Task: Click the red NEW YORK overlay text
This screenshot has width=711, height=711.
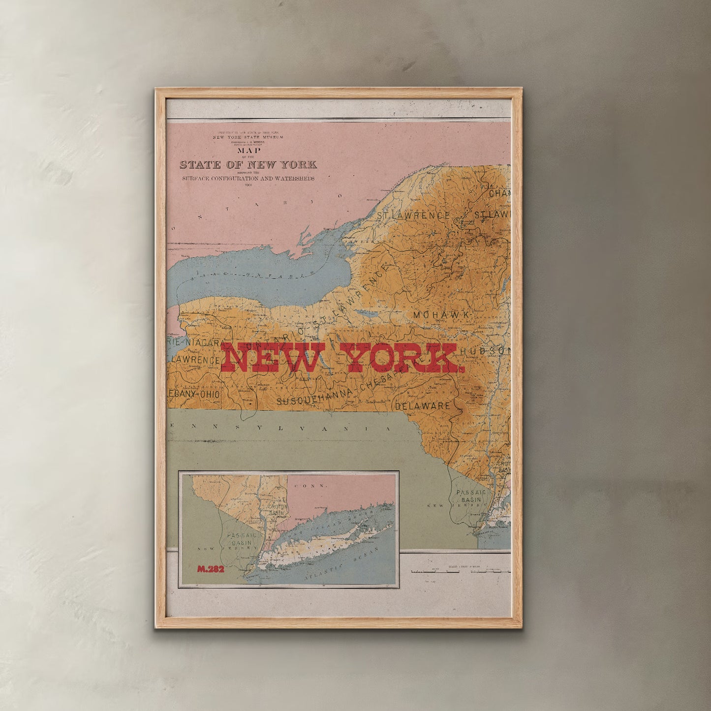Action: pos(341,358)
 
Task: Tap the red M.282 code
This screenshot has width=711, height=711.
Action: pos(211,569)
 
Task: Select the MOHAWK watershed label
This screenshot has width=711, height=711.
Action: pos(442,314)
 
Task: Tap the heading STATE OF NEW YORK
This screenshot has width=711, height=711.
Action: pos(248,165)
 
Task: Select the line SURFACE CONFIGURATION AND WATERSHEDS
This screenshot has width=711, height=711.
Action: pos(247,179)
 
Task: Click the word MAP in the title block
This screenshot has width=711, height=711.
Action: pos(249,151)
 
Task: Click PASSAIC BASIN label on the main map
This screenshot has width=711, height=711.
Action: pos(470,495)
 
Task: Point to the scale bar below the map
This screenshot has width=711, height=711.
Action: pos(460,572)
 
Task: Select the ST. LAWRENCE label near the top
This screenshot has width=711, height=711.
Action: pos(413,216)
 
